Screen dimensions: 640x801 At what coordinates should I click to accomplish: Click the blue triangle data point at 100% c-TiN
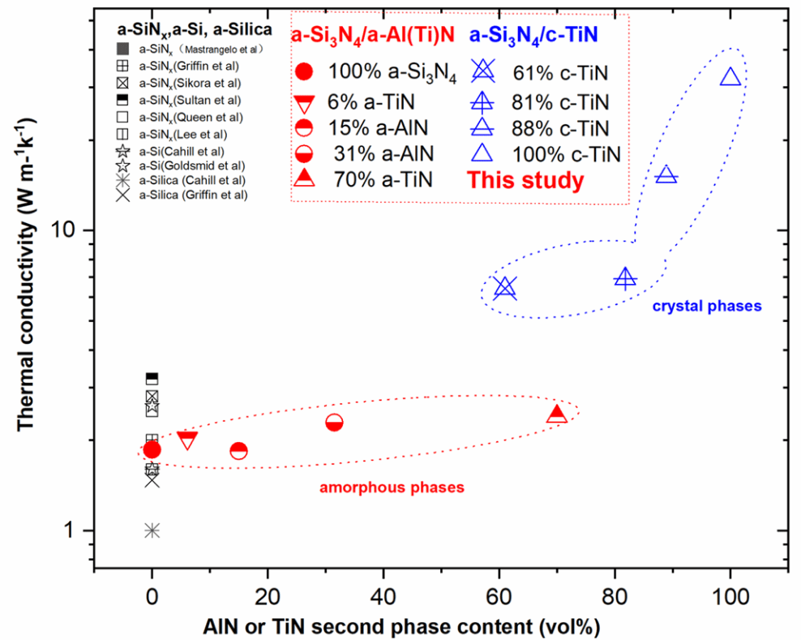pyautogui.click(x=730, y=77)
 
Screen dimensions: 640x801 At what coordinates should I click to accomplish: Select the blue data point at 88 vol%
pyautogui.click(x=666, y=174)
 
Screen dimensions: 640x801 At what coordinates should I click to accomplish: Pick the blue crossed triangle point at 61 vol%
pyautogui.click(x=505, y=287)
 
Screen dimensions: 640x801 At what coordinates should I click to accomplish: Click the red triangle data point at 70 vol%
pyautogui.click(x=556, y=414)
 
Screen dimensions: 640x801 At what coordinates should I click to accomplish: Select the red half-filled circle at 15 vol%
pyautogui.click(x=238, y=450)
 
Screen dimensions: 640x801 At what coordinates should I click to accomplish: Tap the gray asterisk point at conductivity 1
pyautogui.click(x=152, y=530)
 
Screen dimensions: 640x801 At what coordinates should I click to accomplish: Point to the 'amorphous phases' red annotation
pyautogui.click(x=392, y=488)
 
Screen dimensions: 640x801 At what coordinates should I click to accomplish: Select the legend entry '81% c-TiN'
pyautogui.click(x=560, y=101)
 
